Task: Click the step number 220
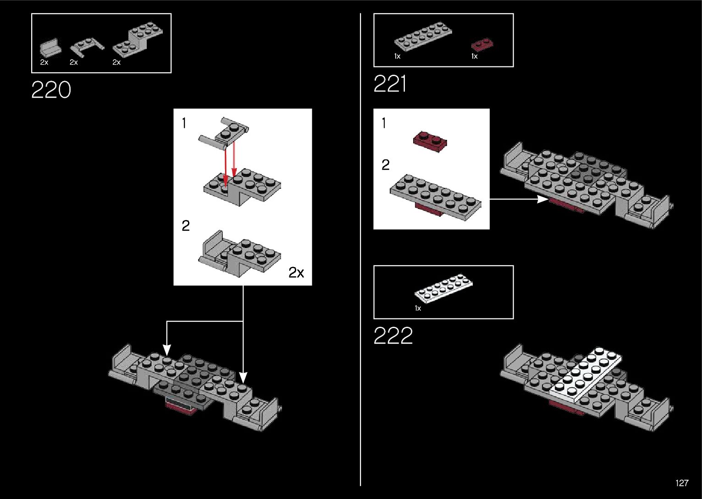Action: pos(51,90)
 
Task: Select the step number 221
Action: pos(390,84)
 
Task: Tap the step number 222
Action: pos(393,336)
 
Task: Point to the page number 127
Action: pos(681,483)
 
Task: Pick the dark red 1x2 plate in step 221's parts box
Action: pos(482,45)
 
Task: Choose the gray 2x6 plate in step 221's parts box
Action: pos(423,35)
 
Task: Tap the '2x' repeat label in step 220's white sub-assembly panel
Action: pos(296,273)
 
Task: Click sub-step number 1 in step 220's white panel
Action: pos(184,123)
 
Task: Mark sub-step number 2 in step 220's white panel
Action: pos(185,226)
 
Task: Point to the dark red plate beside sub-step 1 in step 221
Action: pos(430,141)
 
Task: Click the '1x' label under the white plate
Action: pos(418,308)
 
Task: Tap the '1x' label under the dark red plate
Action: pos(475,56)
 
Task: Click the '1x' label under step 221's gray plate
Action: pos(397,56)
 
